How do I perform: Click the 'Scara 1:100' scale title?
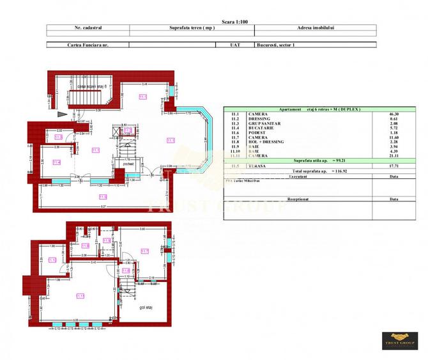coord(234,21)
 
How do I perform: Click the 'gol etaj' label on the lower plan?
coord(148,308)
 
